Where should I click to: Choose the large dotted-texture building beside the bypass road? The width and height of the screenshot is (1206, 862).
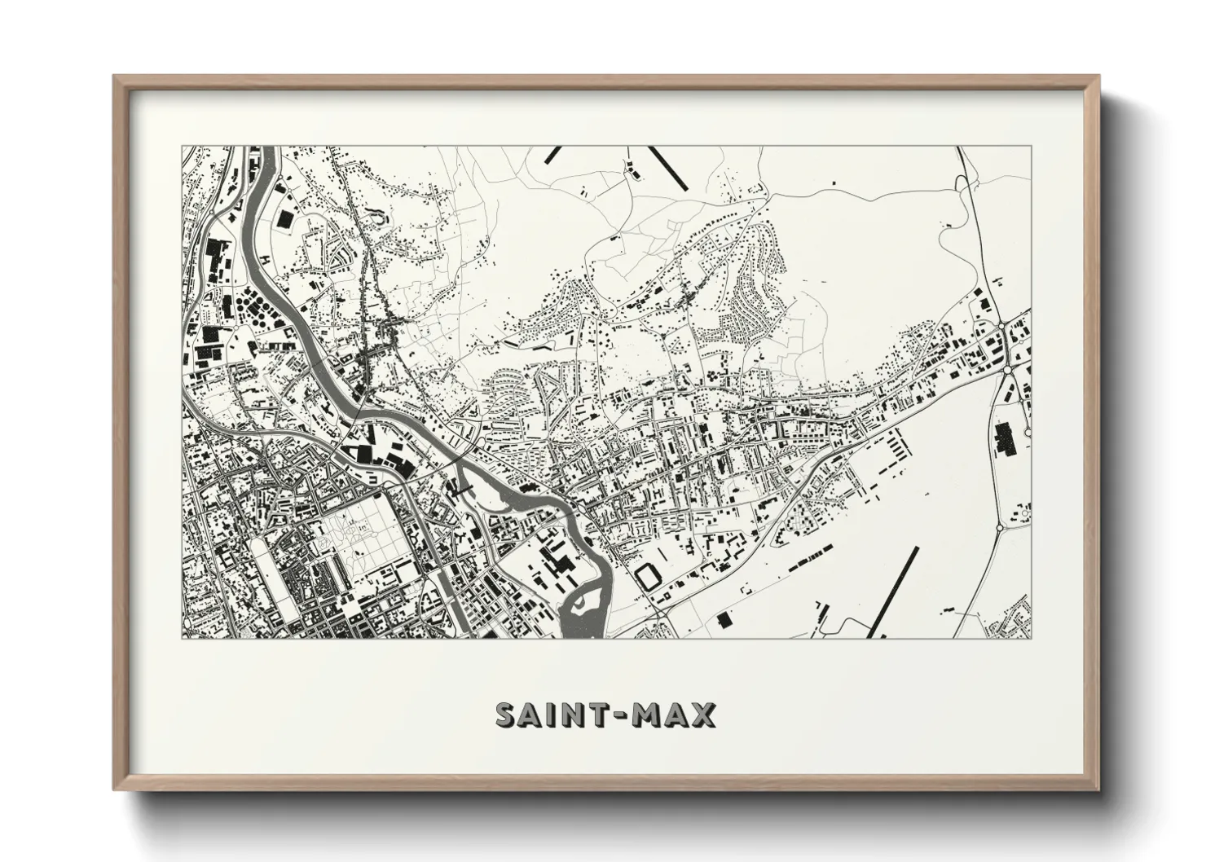tap(1004, 439)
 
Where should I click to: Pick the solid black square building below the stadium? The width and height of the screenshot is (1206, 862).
tap(723, 619)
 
